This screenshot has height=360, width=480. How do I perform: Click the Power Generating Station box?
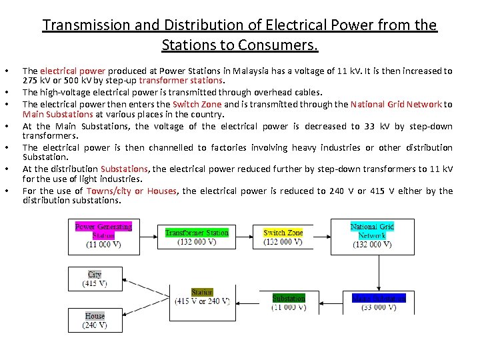point(103,236)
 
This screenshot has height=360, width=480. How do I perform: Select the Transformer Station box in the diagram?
point(197,237)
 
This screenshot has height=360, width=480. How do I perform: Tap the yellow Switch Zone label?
point(283,233)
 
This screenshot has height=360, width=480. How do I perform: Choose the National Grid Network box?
point(371,236)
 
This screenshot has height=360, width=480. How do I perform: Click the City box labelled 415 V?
point(95,279)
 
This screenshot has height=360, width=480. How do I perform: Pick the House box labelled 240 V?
point(95,321)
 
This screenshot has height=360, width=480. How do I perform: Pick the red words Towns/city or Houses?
point(132,191)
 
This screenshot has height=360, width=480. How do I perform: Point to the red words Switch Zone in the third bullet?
point(197,104)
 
